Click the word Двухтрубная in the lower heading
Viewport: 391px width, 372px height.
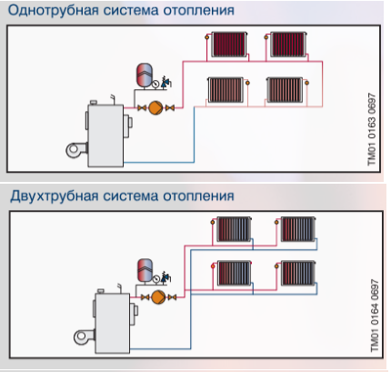coord(54,196)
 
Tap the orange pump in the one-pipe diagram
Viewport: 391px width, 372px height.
coord(155,107)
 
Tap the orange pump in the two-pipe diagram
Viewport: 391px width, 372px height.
coord(158,297)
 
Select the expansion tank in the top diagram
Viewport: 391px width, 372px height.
coord(145,75)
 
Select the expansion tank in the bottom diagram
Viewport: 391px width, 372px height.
coord(145,270)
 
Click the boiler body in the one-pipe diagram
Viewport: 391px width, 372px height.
coord(105,136)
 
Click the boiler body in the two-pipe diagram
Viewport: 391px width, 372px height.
coord(113,323)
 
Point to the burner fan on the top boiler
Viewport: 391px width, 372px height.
coord(75,150)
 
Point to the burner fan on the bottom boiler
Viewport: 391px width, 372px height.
coord(83,337)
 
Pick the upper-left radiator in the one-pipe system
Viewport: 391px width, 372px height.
coord(229,45)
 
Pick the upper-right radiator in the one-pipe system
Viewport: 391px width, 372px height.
coord(288,45)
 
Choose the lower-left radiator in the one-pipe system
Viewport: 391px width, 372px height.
coord(226,90)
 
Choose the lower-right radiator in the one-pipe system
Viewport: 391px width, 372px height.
coord(285,90)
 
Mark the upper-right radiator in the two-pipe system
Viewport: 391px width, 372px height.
coord(298,229)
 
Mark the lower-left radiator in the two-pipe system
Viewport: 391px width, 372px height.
coord(234,273)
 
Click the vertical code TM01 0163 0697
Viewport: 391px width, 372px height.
coord(371,129)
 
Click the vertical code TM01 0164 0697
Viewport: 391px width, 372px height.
coord(375,316)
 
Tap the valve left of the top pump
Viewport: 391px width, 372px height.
coord(142,107)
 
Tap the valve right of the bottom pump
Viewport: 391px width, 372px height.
coord(172,297)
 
